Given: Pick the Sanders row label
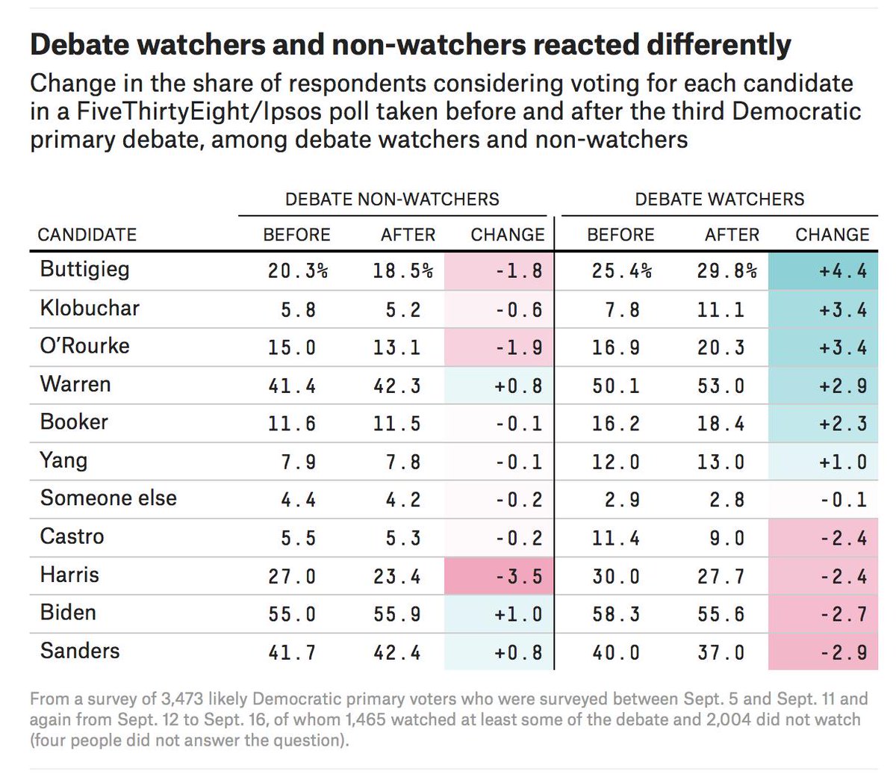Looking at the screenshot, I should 79,650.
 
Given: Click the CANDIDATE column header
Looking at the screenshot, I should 87,235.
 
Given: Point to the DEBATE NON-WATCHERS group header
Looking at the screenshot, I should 392,199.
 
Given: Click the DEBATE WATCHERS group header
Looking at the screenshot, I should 719,199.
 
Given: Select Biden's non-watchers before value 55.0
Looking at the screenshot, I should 292,614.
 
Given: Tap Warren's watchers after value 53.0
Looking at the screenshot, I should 721,386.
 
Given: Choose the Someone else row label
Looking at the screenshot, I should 108,498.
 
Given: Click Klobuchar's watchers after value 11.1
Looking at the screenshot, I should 721,309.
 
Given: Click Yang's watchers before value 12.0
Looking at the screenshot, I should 615,462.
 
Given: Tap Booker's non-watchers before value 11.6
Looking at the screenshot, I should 292,424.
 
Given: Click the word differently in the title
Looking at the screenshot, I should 718,45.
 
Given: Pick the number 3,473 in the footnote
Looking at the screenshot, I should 178,699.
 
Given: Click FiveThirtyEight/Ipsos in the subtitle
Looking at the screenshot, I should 184,111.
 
